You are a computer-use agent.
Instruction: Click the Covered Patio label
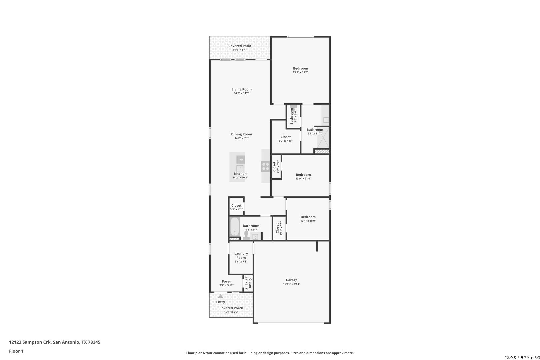[x=240, y=46]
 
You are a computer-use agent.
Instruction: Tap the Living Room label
[x=242, y=89]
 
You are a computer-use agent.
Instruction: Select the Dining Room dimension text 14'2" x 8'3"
[x=242, y=138]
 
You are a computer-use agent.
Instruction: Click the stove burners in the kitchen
[x=265, y=166]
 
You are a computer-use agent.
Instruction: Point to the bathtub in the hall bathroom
[x=235, y=227]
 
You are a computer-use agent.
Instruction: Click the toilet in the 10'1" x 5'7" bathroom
[x=246, y=235]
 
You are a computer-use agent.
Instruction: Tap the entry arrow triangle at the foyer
[x=221, y=296]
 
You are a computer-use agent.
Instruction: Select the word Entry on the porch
[x=221, y=302]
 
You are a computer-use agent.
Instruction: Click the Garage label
[x=291, y=280]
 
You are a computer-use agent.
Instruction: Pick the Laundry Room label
[x=241, y=255]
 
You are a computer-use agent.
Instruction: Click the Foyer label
[x=226, y=281]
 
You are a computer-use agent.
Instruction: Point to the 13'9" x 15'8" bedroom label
[x=300, y=68]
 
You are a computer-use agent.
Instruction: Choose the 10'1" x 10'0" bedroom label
[x=308, y=217]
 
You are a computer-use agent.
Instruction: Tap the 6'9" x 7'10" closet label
[x=285, y=137]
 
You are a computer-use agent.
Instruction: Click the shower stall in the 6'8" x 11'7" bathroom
[x=323, y=137]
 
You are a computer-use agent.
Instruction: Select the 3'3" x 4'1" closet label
[x=236, y=205]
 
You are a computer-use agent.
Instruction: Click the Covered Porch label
[x=231, y=308]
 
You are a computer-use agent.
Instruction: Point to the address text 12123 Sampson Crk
[x=30, y=342]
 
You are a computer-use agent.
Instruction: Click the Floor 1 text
[x=16, y=351]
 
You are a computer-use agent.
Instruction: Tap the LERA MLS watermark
[x=522, y=357]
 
